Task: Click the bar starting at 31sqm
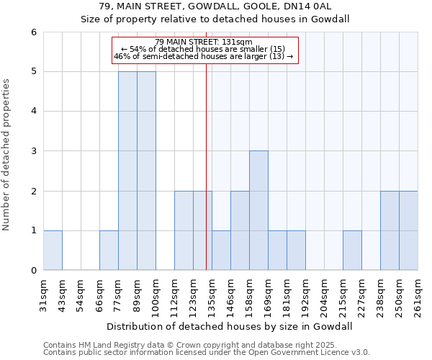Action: pyautogui.click(x=53, y=250)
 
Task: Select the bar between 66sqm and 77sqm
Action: pyautogui.click(x=109, y=250)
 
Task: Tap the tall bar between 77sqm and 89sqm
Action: pyautogui.click(x=127, y=171)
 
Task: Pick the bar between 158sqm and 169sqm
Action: pyautogui.click(x=258, y=210)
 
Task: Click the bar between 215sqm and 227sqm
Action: pyautogui.click(x=352, y=250)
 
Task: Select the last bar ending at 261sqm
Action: pyautogui.click(x=408, y=230)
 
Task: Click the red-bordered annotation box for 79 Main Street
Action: pyautogui.click(x=205, y=50)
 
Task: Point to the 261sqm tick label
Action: pyautogui.click(x=418, y=294)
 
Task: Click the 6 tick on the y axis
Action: pyautogui.click(x=33, y=32)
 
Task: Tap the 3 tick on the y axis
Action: pyautogui.click(x=33, y=151)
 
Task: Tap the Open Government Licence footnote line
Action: pyautogui.click(x=206, y=353)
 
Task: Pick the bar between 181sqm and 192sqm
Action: pyautogui.click(x=296, y=250)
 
